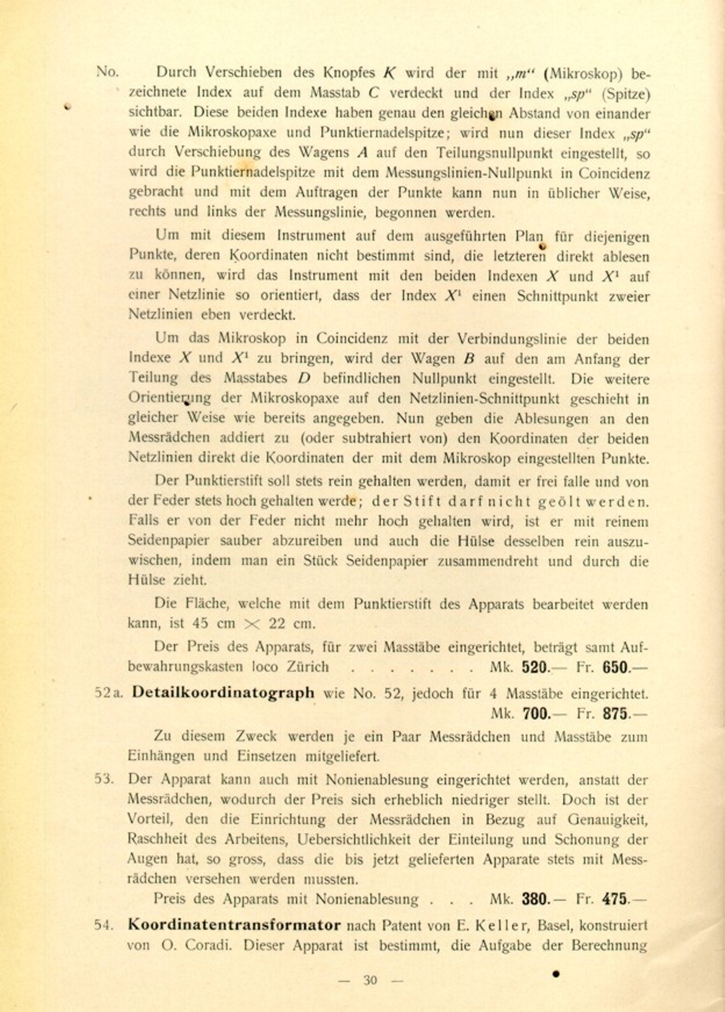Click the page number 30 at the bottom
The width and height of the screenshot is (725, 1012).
370,980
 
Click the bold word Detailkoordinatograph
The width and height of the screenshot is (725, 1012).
223,693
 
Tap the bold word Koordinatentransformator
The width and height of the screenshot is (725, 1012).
234,924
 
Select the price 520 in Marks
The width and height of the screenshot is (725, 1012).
535,667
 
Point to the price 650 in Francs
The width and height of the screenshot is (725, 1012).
616,667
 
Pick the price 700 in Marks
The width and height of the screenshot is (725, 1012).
536,713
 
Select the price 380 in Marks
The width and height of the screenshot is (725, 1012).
535,899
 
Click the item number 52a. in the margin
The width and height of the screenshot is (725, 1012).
109,693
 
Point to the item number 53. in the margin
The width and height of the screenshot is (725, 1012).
105,779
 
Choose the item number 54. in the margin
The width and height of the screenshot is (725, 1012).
105,924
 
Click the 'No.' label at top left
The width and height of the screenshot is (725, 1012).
107,72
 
